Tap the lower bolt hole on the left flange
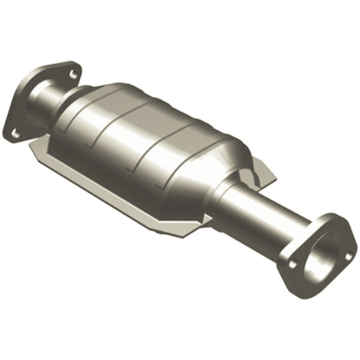point(15,132)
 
